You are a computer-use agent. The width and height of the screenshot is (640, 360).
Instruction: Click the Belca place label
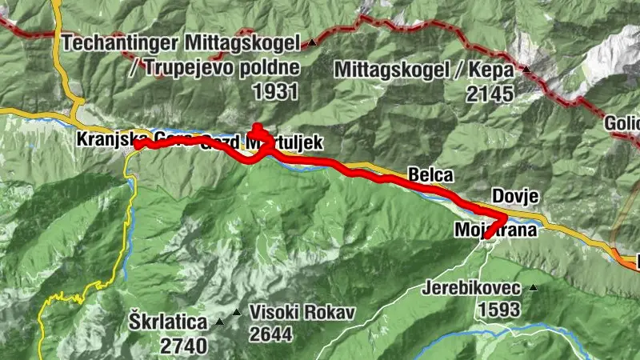[x=430, y=174]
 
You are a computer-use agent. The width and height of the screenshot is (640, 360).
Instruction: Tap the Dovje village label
[x=511, y=196]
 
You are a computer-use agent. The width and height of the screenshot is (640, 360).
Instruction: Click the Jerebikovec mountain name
[x=474, y=287]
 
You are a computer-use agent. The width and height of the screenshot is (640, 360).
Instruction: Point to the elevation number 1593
[x=500, y=308]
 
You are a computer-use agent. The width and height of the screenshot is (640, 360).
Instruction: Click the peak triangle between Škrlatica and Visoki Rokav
[x=220, y=322]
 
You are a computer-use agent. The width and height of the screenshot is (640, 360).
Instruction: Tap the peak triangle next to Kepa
[x=526, y=70]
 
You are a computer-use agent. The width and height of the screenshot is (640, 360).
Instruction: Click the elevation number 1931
[x=274, y=91]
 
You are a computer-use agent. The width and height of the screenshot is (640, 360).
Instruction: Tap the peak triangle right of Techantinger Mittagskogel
[x=312, y=42]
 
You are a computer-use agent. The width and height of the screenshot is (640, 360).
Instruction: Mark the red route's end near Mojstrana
[x=486, y=237]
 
